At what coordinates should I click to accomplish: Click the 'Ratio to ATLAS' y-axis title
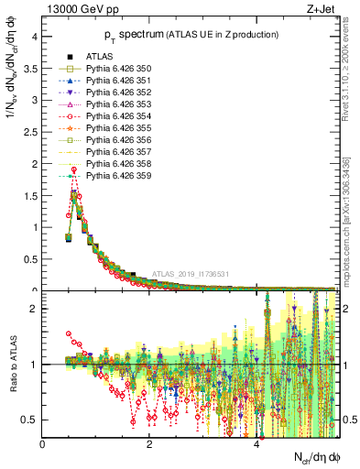coord(12,364)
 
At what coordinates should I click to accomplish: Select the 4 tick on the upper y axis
coord(36,38)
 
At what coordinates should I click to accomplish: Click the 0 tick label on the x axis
coord(42,444)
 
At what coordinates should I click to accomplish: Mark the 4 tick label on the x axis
coord(256,444)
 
